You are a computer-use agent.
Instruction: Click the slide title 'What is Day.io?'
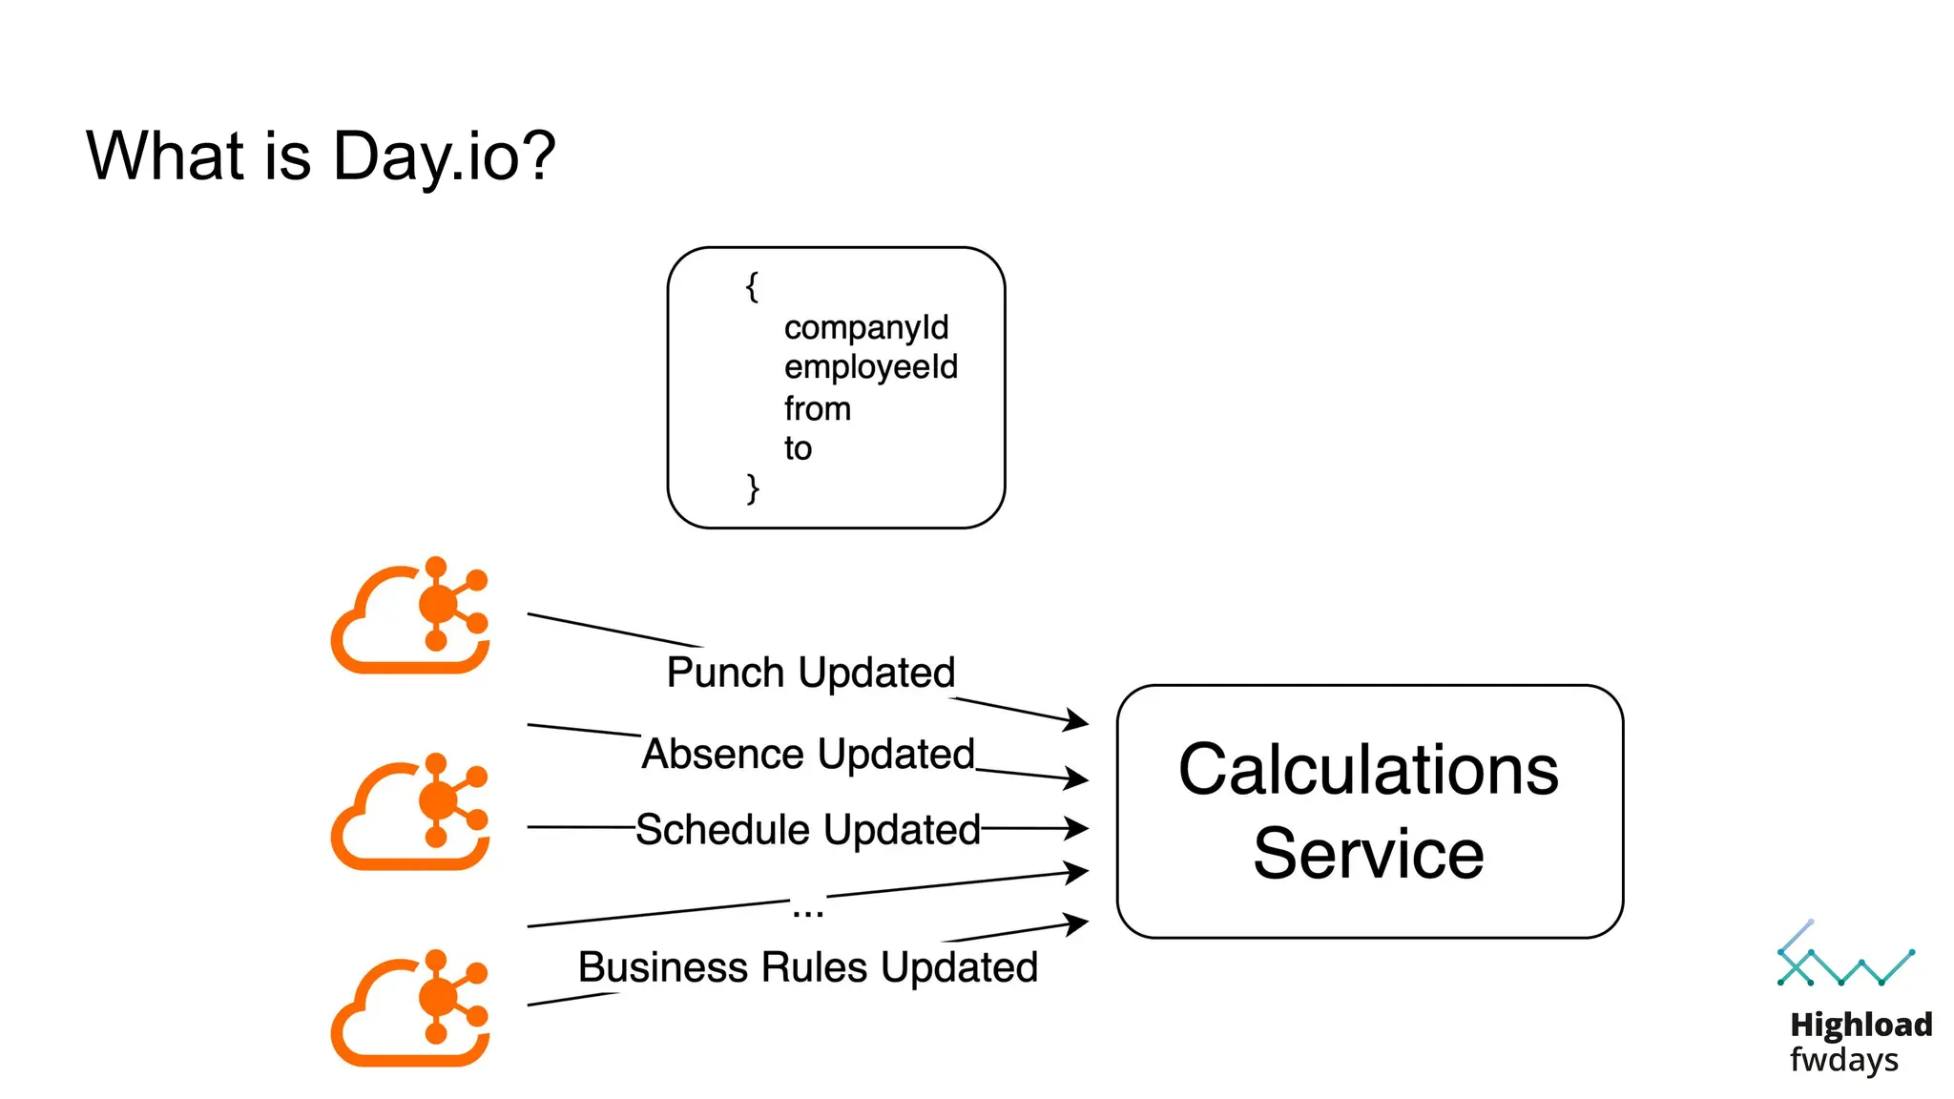tap(321, 156)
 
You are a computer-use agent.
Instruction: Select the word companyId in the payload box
tap(865, 328)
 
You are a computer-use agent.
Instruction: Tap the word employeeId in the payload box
tap(870, 367)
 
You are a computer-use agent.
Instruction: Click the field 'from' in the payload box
tap(817, 409)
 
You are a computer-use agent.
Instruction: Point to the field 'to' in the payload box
tap(798, 448)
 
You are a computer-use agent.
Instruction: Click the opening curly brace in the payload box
tap(752, 286)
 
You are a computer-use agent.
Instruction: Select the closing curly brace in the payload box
tap(752, 488)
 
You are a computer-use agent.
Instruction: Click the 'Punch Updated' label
tap(810, 673)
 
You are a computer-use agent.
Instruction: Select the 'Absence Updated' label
tap(807, 754)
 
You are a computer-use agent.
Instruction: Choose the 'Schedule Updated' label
tap(807, 829)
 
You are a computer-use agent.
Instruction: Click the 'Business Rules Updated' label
tap(807, 967)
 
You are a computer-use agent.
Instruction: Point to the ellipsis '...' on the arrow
tap(807, 911)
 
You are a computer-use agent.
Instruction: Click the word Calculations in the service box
tap(1368, 770)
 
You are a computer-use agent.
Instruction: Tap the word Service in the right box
tap(1368, 854)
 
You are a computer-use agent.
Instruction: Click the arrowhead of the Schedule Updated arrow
tap(1078, 828)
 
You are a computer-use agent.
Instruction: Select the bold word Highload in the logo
tap(1860, 1025)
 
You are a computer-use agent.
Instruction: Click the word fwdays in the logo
tap(1843, 1060)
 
